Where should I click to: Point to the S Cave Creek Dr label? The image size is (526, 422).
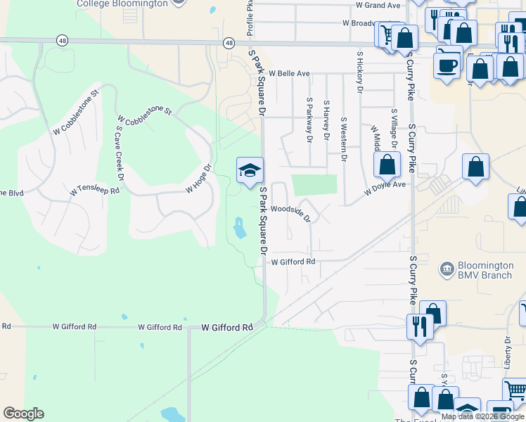pyautogui.click(x=120, y=154)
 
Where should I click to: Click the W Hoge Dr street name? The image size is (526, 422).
pyautogui.click(x=199, y=179)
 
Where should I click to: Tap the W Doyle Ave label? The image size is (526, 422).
pyautogui.click(x=385, y=188)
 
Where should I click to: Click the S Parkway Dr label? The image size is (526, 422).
pyautogui.click(x=309, y=120)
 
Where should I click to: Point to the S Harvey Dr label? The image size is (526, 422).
pyautogui.click(x=326, y=120)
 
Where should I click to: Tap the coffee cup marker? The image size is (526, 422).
pyautogui.click(x=448, y=65)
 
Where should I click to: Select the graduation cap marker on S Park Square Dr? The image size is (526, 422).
pyautogui.click(x=249, y=170)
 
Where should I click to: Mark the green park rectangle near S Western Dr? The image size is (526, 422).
pyautogui.click(x=314, y=185)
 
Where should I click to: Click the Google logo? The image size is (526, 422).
pyautogui.click(x=23, y=414)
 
